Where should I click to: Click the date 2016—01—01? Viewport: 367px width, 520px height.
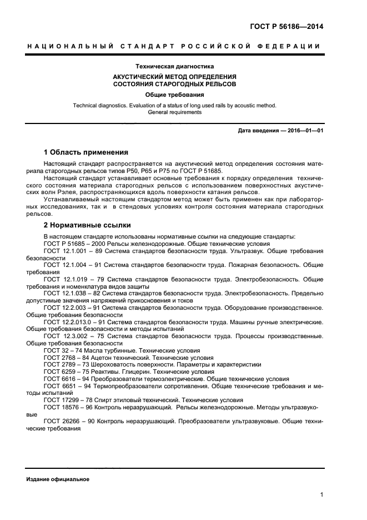[x=304, y=131]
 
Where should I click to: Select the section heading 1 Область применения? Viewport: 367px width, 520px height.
[x=86, y=152]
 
